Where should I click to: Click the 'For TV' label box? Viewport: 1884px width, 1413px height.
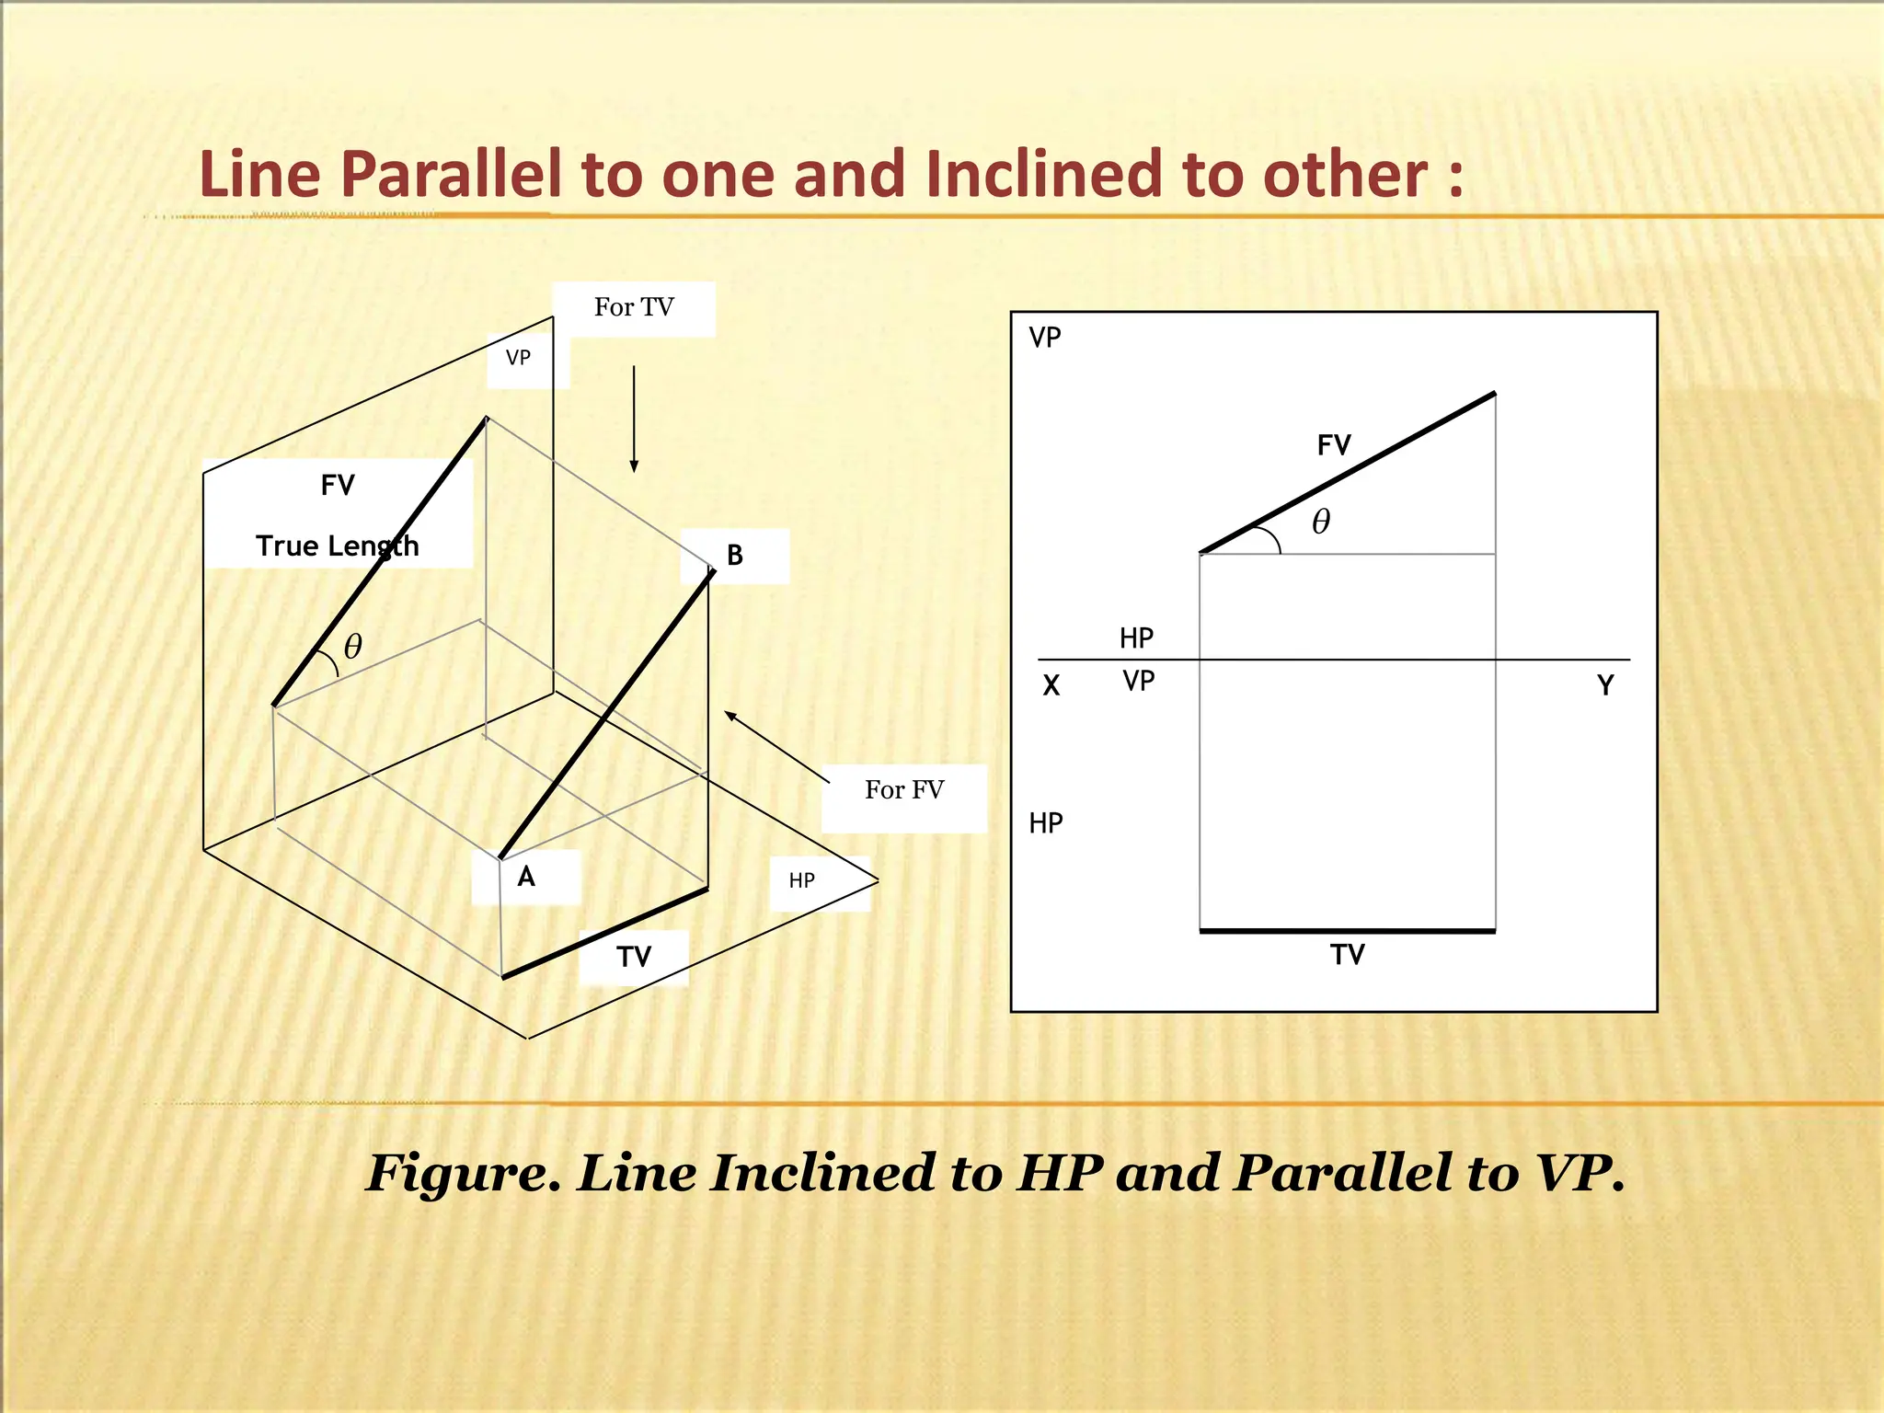tap(634, 307)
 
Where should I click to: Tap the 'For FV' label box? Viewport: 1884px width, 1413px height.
tap(903, 790)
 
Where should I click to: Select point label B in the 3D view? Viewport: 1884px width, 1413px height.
tap(735, 556)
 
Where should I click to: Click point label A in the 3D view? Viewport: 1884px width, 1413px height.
tap(526, 877)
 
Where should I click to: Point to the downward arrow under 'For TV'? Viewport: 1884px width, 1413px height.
tap(634, 419)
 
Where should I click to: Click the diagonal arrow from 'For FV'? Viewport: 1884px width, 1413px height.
tap(776, 746)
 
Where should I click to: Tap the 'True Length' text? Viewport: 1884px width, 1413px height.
tap(337, 546)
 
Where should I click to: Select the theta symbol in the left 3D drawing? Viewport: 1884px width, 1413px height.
tap(353, 647)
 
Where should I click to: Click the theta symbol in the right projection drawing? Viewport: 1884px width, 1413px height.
tap(1321, 522)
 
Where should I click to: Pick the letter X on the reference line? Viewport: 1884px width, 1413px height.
tap(1051, 686)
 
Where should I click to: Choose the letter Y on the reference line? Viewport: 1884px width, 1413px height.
tap(1605, 686)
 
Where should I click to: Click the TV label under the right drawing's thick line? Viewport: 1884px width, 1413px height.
tap(1348, 955)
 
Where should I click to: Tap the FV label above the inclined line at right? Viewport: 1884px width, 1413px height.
tap(1334, 446)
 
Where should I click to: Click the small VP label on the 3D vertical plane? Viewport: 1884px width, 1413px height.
tap(518, 358)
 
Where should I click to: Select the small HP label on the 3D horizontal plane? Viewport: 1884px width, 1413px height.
tap(802, 881)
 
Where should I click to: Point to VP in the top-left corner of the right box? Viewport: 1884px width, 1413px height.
tap(1045, 338)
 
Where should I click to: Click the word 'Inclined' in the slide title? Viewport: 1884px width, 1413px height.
tap(1046, 174)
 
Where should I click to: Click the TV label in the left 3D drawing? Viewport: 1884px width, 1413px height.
tap(634, 958)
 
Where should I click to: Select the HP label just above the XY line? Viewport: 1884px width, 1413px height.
tap(1137, 638)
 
